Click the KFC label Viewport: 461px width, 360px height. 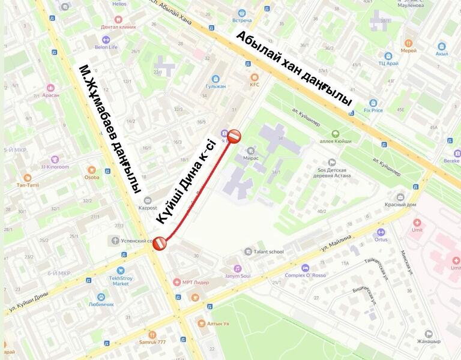coord(255,85)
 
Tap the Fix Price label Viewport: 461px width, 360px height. coord(373,110)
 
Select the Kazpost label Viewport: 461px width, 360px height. coord(147,208)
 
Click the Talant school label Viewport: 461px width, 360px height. coord(268,252)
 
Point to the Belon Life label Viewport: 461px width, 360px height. coord(106,47)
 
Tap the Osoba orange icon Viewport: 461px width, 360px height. coord(91,170)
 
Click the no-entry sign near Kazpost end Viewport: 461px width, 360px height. coord(160,243)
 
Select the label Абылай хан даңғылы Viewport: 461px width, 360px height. coord(294,69)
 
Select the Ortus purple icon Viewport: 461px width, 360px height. coord(380,232)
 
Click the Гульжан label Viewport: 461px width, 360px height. coord(215,86)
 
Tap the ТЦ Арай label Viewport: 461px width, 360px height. coord(390,62)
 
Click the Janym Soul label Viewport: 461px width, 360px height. coord(238,275)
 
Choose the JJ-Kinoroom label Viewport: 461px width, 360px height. coord(55,166)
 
